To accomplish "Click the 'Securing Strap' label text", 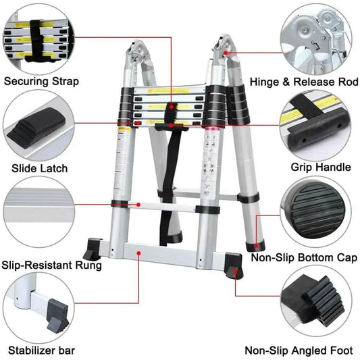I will click(41, 82).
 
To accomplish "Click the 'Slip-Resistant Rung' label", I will click(52, 265).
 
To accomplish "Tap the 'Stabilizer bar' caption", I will click(42, 351).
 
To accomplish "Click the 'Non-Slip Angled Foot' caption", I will click(299, 351).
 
